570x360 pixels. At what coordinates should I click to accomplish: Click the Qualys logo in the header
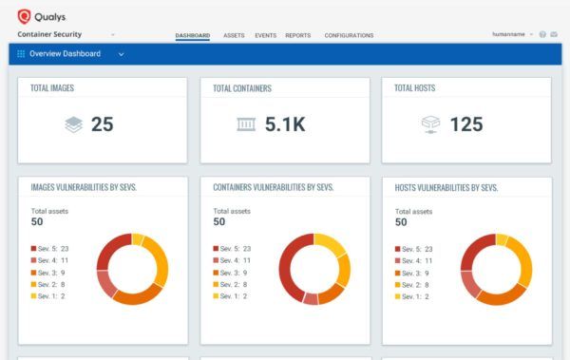[38, 15]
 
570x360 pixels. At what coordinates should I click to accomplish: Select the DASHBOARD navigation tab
[193, 35]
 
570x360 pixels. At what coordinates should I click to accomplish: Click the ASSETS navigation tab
[234, 35]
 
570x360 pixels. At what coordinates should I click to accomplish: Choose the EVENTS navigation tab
[266, 35]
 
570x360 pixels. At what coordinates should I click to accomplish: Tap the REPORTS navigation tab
[297, 35]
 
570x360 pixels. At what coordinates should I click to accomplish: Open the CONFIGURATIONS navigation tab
[349, 35]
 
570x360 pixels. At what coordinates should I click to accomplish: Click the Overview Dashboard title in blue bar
[65, 54]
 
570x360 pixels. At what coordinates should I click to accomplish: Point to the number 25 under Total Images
[103, 124]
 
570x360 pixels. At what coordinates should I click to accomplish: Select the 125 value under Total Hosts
[465, 124]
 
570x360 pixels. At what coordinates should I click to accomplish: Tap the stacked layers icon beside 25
[74, 124]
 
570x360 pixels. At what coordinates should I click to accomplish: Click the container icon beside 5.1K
[245, 124]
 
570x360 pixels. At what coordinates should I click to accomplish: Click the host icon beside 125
[431, 124]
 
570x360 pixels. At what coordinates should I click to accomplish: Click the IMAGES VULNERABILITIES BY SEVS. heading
[84, 187]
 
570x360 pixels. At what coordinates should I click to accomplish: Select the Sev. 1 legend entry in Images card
[48, 295]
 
